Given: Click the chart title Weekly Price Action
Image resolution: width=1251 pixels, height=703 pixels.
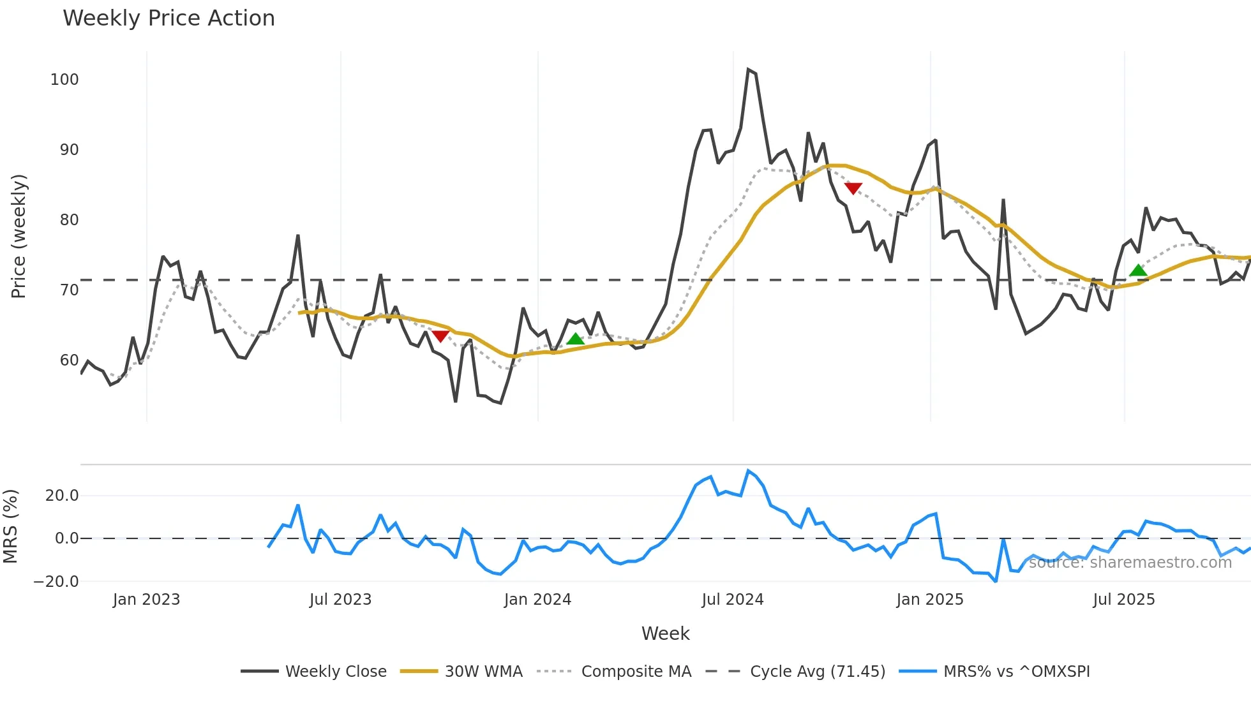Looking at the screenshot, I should [169, 18].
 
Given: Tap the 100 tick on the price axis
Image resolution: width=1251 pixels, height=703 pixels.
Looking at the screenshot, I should [64, 80].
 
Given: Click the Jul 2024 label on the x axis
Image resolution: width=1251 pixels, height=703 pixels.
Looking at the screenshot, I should [732, 600].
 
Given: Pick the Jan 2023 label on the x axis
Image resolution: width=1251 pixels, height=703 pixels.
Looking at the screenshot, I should [146, 600].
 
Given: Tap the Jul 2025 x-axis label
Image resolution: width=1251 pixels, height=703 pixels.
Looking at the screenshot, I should [1123, 600].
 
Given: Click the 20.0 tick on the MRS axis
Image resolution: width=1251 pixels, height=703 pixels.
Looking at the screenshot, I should [62, 496].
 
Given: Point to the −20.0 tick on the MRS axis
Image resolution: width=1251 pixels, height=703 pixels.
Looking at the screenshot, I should [56, 582].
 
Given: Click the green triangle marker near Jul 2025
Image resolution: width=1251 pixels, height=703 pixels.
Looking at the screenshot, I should [1138, 270].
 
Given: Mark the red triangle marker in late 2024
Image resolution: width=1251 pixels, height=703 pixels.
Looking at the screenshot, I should [853, 188].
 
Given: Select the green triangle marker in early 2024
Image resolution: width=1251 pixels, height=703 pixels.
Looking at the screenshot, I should [576, 339].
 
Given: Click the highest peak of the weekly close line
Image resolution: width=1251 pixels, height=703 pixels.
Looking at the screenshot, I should [748, 69].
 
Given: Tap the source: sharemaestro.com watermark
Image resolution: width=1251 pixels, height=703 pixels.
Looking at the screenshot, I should [1130, 563].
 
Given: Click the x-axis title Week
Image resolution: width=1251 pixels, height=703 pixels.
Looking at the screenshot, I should [665, 633].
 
